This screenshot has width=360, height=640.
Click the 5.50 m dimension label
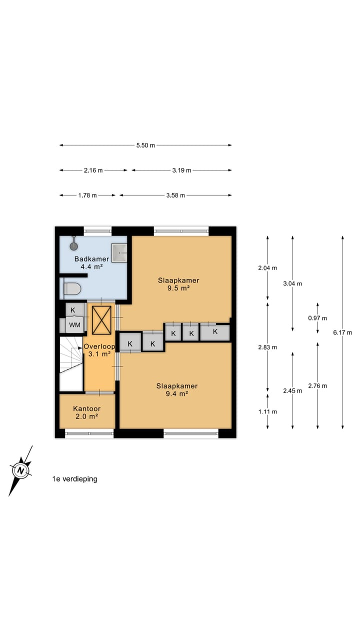click(145, 145)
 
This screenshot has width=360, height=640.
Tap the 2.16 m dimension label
click(93, 170)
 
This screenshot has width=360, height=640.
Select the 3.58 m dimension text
click(175, 195)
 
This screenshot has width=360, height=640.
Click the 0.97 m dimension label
click(317, 318)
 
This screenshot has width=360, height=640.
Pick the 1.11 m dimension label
click(267, 411)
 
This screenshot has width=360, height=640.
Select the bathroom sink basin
click(119, 253)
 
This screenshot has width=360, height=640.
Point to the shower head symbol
click(74, 245)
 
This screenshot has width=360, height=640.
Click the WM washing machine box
click(74, 325)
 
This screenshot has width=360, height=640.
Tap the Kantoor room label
click(86, 408)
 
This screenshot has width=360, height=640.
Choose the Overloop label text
click(99, 346)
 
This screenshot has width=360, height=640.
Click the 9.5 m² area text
click(178, 288)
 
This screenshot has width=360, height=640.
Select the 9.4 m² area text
click(176, 393)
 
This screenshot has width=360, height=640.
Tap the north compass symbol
click(20, 470)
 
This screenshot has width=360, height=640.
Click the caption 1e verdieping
click(74, 479)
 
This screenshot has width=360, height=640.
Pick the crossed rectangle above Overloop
click(101, 320)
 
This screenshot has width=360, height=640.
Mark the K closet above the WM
click(73, 309)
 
